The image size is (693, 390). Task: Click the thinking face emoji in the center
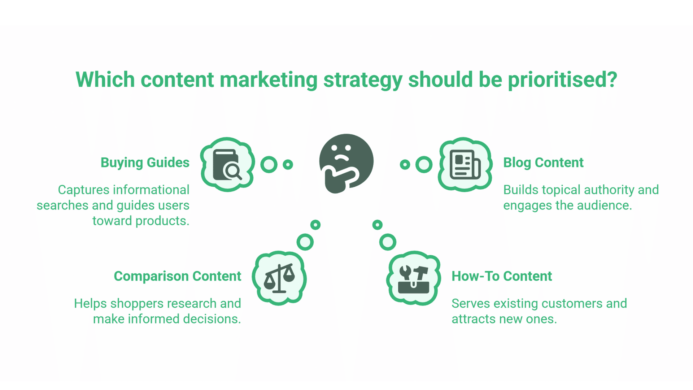[x=346, y=163]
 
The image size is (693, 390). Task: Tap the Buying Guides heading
[x=145, y=163]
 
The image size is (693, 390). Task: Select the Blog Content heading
[x=543, y=163]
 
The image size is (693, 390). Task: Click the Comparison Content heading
[x=177, y=276]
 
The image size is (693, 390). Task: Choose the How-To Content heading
[x=502, y=276]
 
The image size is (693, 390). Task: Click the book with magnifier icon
[x=227, y=165]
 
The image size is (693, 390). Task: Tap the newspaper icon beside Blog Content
[x=465, y=165]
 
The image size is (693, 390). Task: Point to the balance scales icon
[x=279, y=278]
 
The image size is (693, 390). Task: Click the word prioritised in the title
[x=562, y=80]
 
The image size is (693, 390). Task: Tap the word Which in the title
[x=105, y=79]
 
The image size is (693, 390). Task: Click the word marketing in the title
[x=269, y=80]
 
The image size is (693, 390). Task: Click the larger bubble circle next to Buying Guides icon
[x=269, y=165]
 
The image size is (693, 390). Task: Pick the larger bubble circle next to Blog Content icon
[x=424, y=165]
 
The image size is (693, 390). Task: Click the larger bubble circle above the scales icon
[x=305, y=242]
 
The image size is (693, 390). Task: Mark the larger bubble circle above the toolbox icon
[x=388, y=242]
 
